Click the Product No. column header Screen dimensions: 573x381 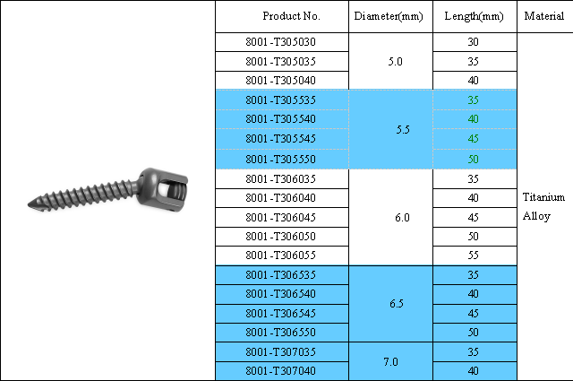click(291, 16)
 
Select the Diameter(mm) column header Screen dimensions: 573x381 click(389, 16)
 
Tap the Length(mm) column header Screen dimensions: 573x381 click(474, 16)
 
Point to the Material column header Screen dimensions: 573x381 click(544, 16)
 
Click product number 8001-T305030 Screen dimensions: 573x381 click(280, 42)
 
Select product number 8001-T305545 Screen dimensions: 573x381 click(280, 139)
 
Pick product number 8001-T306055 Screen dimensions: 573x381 click(280, 255)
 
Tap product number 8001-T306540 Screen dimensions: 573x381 click(280, 294)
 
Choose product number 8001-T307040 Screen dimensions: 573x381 click(280, 371)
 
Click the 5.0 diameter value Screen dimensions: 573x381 click(395, 62)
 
